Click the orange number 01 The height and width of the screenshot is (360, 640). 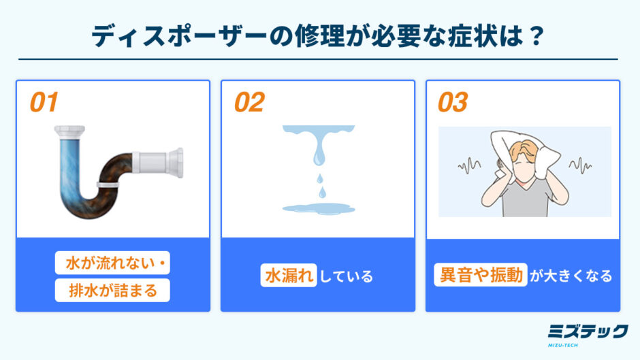point(44,102)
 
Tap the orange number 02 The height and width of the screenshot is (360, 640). point(249,102)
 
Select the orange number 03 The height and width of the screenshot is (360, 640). point(453,102)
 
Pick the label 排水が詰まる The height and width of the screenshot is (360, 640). point(112,290)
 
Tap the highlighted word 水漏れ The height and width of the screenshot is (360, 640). point(289,276)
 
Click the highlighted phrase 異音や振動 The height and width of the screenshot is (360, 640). point(481,275)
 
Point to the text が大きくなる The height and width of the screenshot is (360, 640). point(571,276)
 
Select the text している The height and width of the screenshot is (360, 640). point(346,276)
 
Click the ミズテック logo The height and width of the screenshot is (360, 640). point(588,334)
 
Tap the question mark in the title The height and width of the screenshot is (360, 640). point(535,36)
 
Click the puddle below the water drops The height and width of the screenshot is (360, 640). point(319,209)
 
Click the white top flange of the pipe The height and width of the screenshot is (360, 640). point(70,131)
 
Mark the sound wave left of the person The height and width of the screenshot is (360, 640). point(469,165)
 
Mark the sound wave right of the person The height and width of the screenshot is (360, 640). point(580,165)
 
